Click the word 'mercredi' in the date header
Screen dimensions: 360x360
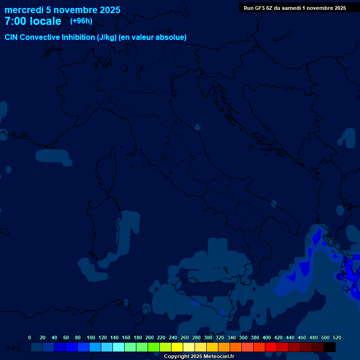[x=24, y=10]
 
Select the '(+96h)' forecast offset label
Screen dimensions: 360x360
[x=81, y=21]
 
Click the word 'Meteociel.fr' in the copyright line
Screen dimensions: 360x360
[x=218, y=357]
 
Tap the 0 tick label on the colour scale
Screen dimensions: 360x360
[x=30, y=337]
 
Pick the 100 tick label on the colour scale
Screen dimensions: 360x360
[x=91, y=337]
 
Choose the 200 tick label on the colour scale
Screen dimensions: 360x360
[x=150, y=337]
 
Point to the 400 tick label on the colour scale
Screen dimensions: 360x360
[x=267, y=337]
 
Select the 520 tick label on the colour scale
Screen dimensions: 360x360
[x=337, y=337]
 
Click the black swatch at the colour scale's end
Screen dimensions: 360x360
[x=330, y=347]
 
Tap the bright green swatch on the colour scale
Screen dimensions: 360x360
[x=154, y=347]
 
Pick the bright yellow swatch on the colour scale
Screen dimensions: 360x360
[x=177, y=347]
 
